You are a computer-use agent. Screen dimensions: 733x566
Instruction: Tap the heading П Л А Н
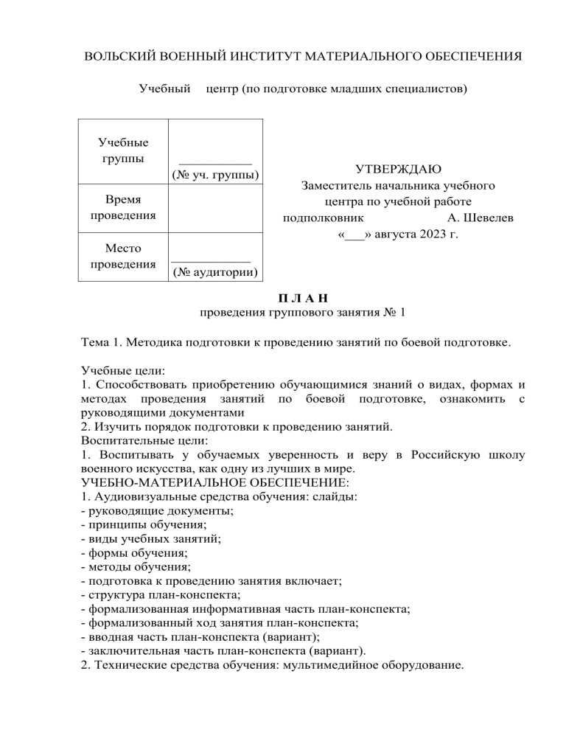point(302,297)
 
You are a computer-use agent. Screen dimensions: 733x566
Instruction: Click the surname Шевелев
point(481,218)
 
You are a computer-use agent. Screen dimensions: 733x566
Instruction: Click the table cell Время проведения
point(123,208)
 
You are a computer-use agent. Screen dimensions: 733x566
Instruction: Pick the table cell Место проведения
point(123,257)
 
